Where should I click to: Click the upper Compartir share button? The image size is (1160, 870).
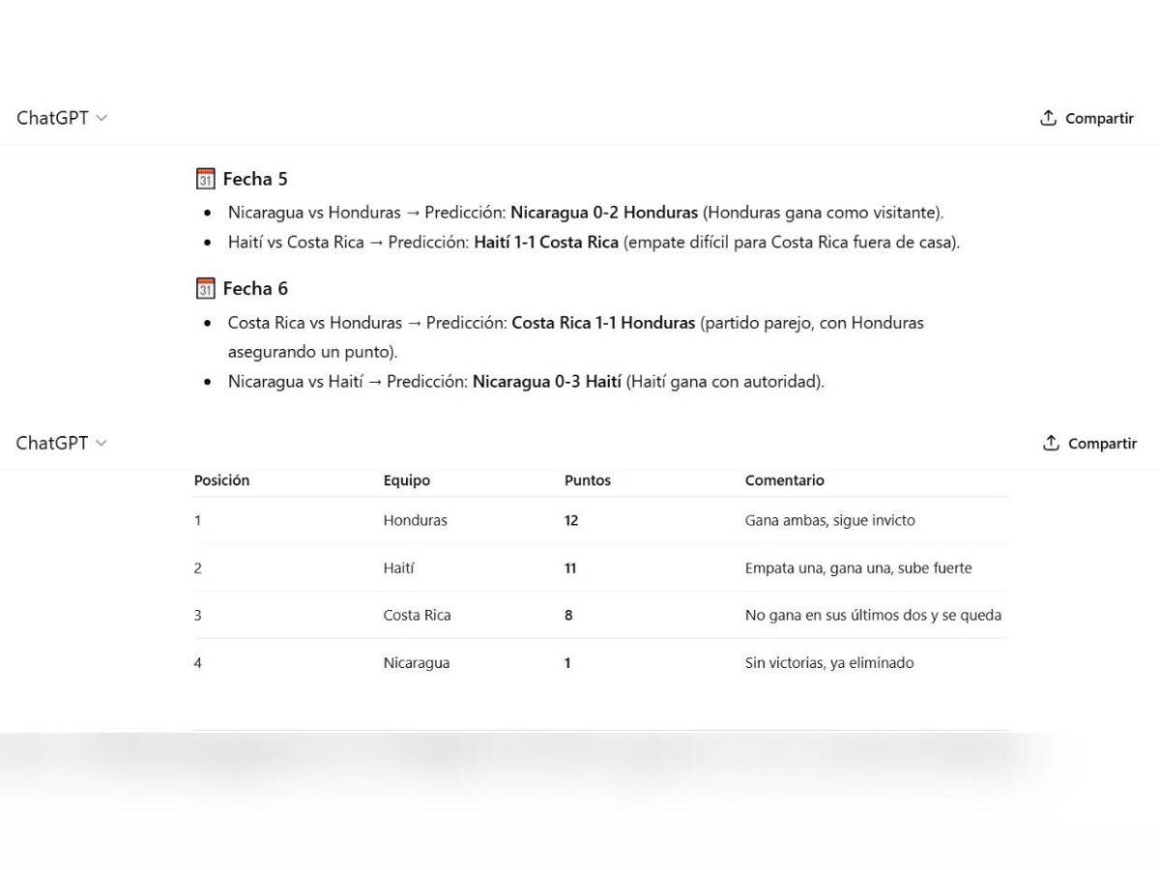1087,119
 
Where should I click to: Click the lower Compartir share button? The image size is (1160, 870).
1089,444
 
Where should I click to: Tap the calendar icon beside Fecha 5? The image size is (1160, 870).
205,179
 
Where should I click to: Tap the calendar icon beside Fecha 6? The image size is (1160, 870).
205,288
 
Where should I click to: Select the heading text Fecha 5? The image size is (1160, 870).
255,179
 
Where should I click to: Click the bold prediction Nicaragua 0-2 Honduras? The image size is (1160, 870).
604,212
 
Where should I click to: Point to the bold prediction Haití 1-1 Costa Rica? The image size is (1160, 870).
546,243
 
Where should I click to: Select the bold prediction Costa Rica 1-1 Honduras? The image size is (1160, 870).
603,323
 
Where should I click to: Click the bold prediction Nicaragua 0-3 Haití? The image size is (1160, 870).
546,382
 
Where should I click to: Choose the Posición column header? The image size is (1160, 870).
221,480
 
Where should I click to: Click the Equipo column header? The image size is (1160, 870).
407,480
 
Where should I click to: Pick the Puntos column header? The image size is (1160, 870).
588,480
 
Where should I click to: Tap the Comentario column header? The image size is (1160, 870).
785,480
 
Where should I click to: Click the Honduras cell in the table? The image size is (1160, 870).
416,520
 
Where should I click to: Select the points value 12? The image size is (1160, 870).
571,520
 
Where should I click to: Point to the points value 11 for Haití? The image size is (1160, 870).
570,568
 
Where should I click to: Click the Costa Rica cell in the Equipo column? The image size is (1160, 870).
417,615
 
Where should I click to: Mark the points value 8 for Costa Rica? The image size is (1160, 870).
568,615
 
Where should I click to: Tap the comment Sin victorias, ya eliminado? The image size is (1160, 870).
829,663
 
